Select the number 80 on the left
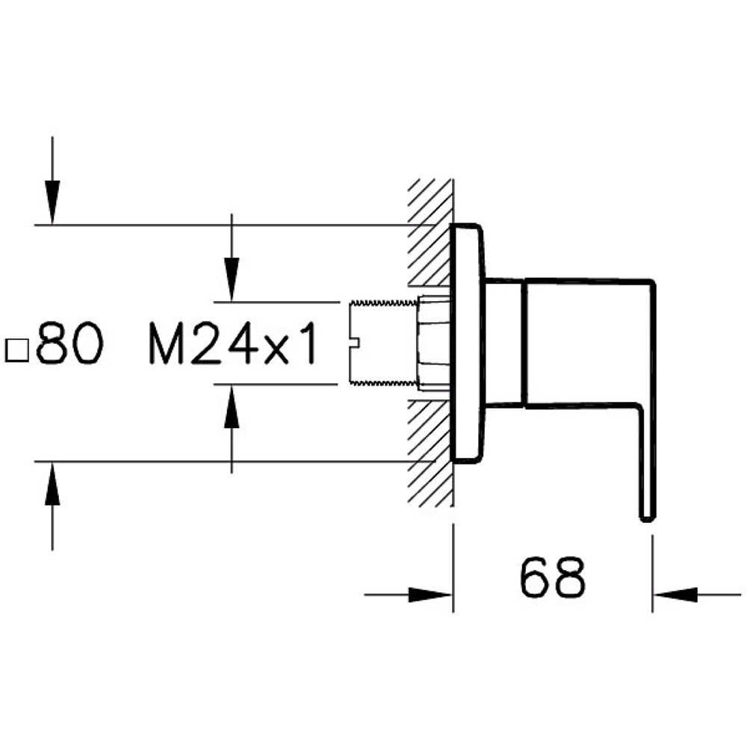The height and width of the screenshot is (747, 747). pyautogui.click(x=68, y=344)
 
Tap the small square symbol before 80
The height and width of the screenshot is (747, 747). pyautogui.click(x=16, y=349)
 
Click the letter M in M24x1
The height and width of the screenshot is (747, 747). pyautogui.click(x=167, y=344)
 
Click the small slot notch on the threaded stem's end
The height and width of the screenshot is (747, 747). pyautogui.click(x=355, y=344)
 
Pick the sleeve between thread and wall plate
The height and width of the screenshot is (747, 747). pyautogui.click(x=433, y=344)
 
